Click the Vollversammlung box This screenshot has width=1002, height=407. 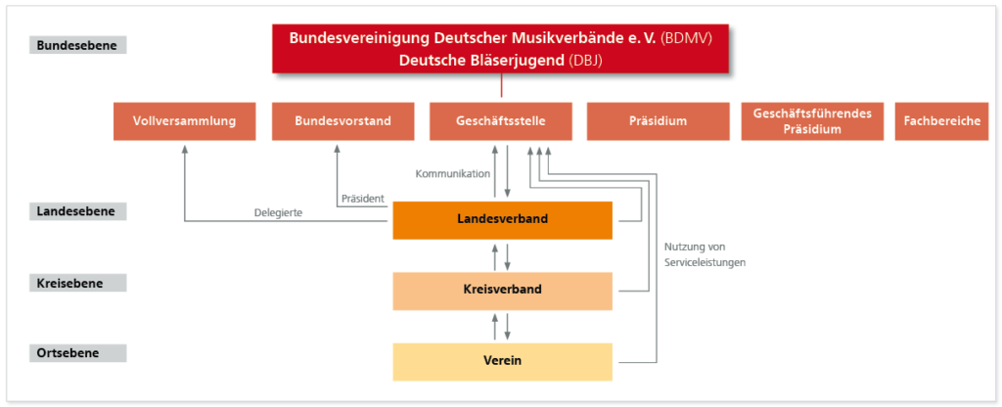[184, 120]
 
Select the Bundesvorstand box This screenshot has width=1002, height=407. [342, 120]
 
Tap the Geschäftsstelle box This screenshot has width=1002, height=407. [500, 120]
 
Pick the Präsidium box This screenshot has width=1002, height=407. [658, 120]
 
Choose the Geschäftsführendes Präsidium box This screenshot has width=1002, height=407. [812, 120]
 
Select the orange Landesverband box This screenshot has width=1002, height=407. [502, 220]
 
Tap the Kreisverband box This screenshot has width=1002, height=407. [502, 291]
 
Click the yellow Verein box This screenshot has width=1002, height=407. [502, 362]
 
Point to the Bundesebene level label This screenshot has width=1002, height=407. [78, 45]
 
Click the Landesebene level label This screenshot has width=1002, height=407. [78, 211]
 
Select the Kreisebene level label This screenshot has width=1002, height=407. [78, 283]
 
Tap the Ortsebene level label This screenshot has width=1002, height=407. [78, 353]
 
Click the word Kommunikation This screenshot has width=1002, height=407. [452, 173]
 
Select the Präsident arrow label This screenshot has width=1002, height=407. [362, 198]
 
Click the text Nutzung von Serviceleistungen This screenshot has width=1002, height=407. [705, 254]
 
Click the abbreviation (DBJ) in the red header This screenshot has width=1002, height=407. [586, 61]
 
